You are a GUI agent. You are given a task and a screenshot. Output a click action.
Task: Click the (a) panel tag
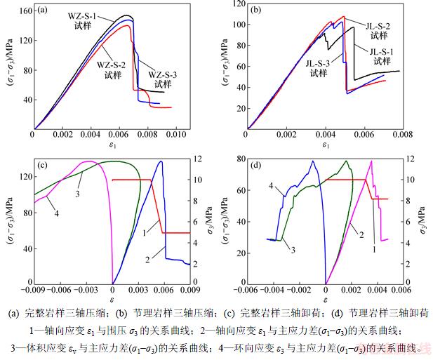click(43, 10)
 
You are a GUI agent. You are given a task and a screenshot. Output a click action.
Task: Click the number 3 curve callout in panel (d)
click(292, 249)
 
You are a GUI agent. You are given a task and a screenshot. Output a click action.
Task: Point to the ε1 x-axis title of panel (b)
click(325, 145)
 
